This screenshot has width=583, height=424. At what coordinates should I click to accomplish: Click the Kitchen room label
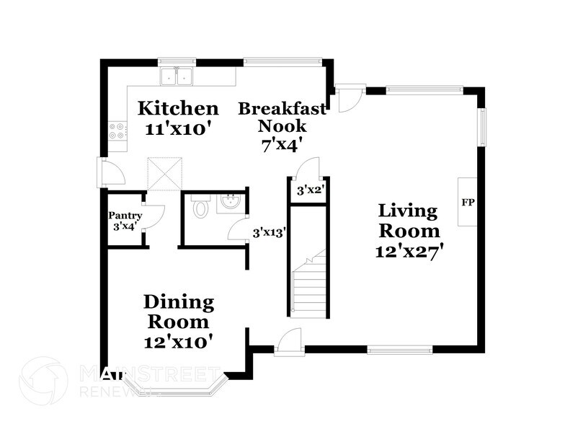pyautogui.click(x=178, y=109)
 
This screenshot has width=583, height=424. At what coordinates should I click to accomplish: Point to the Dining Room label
pyautogui.click(x=178, y=311)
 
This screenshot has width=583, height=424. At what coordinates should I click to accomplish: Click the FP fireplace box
pyautogui.click(x=467, y=202)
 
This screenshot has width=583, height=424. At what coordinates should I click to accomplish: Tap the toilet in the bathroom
pyautogui.click(x=201, y=208)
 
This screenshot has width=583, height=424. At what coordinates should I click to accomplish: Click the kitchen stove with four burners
pyautogui.click(x=116, y=131)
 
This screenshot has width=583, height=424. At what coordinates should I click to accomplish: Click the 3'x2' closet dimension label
pyautogui.click(x=310, y=191)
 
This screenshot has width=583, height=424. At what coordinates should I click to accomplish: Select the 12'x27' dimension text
pyautogui.click(x=409, y=252)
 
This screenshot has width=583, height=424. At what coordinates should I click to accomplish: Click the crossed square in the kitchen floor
pyautogui.click(x=164, y=174)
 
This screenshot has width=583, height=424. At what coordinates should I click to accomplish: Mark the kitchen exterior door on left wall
pyautogui.click(x=108, y=173)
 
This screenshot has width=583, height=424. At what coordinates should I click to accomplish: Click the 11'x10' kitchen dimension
pyautogui.click(x=178, y=131)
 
